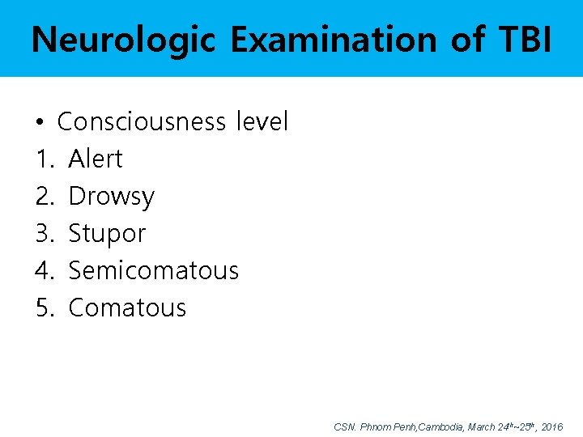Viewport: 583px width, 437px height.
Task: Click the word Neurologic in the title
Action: tap(123, 39)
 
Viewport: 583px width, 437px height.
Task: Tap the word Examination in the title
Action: tap(335, 39)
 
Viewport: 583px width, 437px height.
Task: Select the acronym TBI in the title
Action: tap(520, 39)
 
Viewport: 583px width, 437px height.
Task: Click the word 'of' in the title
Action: tap(467, 39)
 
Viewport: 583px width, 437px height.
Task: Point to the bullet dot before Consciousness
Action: tap(40, 123)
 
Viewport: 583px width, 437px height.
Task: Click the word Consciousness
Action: tap(142, 122)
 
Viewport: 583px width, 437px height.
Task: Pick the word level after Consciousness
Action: tap(262, 122)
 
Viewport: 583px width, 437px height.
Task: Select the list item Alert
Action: tap(96, 159)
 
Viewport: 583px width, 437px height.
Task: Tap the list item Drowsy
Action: tap(111, 197)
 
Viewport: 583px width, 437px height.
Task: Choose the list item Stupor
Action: tap(107, 234)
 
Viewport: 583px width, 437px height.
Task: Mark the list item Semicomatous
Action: tap(153, 270)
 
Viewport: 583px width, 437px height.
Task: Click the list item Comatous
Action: tap(127, 308)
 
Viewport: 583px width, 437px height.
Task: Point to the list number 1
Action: tap(43, 159)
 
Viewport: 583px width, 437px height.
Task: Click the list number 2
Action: tap(43, 197)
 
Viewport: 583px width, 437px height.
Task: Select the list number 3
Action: tap(43, 234)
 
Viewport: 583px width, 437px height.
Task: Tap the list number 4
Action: tap(43, 270)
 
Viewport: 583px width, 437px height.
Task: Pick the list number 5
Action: tap(43, 308)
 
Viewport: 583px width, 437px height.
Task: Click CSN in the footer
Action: tap(343, 426)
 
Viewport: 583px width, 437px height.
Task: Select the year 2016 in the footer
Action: tap(551, 426)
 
